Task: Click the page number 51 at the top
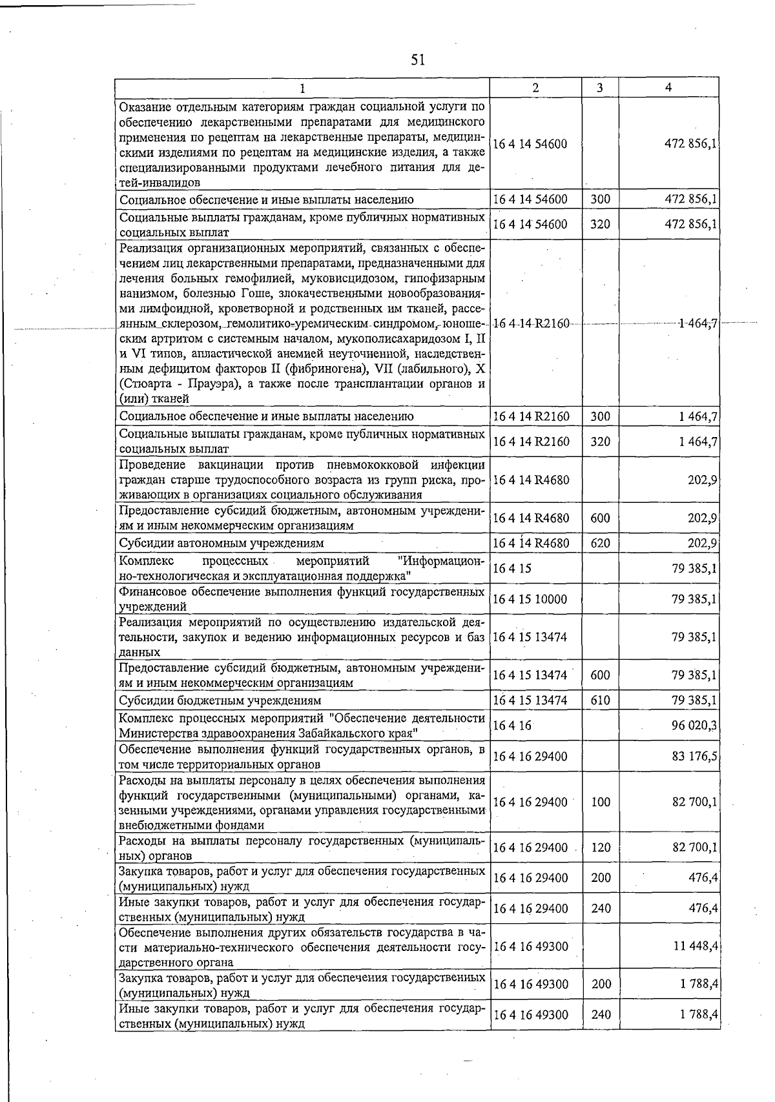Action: point(418,61)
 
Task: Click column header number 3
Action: point(600,88)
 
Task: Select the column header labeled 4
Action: point(668,88)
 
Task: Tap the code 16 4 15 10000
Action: point(530,599)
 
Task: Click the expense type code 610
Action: point(600,700)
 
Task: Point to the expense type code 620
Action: point(600,543)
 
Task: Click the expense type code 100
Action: point(600,802)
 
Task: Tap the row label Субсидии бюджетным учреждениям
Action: point(220,700)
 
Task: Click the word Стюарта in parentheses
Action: point(145,383)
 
